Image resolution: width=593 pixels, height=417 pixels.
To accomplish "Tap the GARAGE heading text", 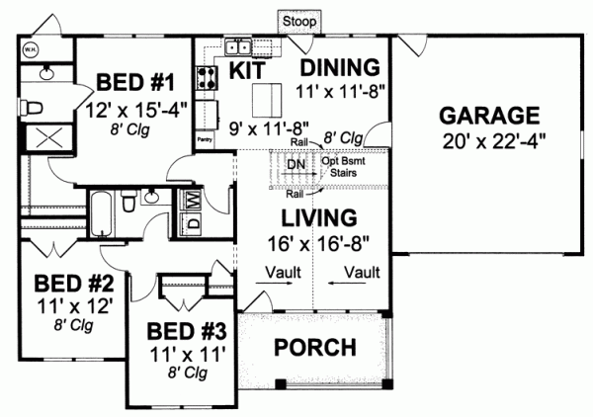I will point(490,113).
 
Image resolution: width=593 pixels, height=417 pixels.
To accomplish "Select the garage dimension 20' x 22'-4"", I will point(490,138).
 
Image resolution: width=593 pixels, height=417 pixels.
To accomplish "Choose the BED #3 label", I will point(186,330).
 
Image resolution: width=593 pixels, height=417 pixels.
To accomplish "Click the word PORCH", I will point(314,347).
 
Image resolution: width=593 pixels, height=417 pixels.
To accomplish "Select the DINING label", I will point(339,67).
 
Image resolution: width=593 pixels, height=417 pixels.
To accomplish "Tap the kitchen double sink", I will point(239,46).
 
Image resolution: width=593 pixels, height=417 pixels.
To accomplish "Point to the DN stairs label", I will point(295,165).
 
